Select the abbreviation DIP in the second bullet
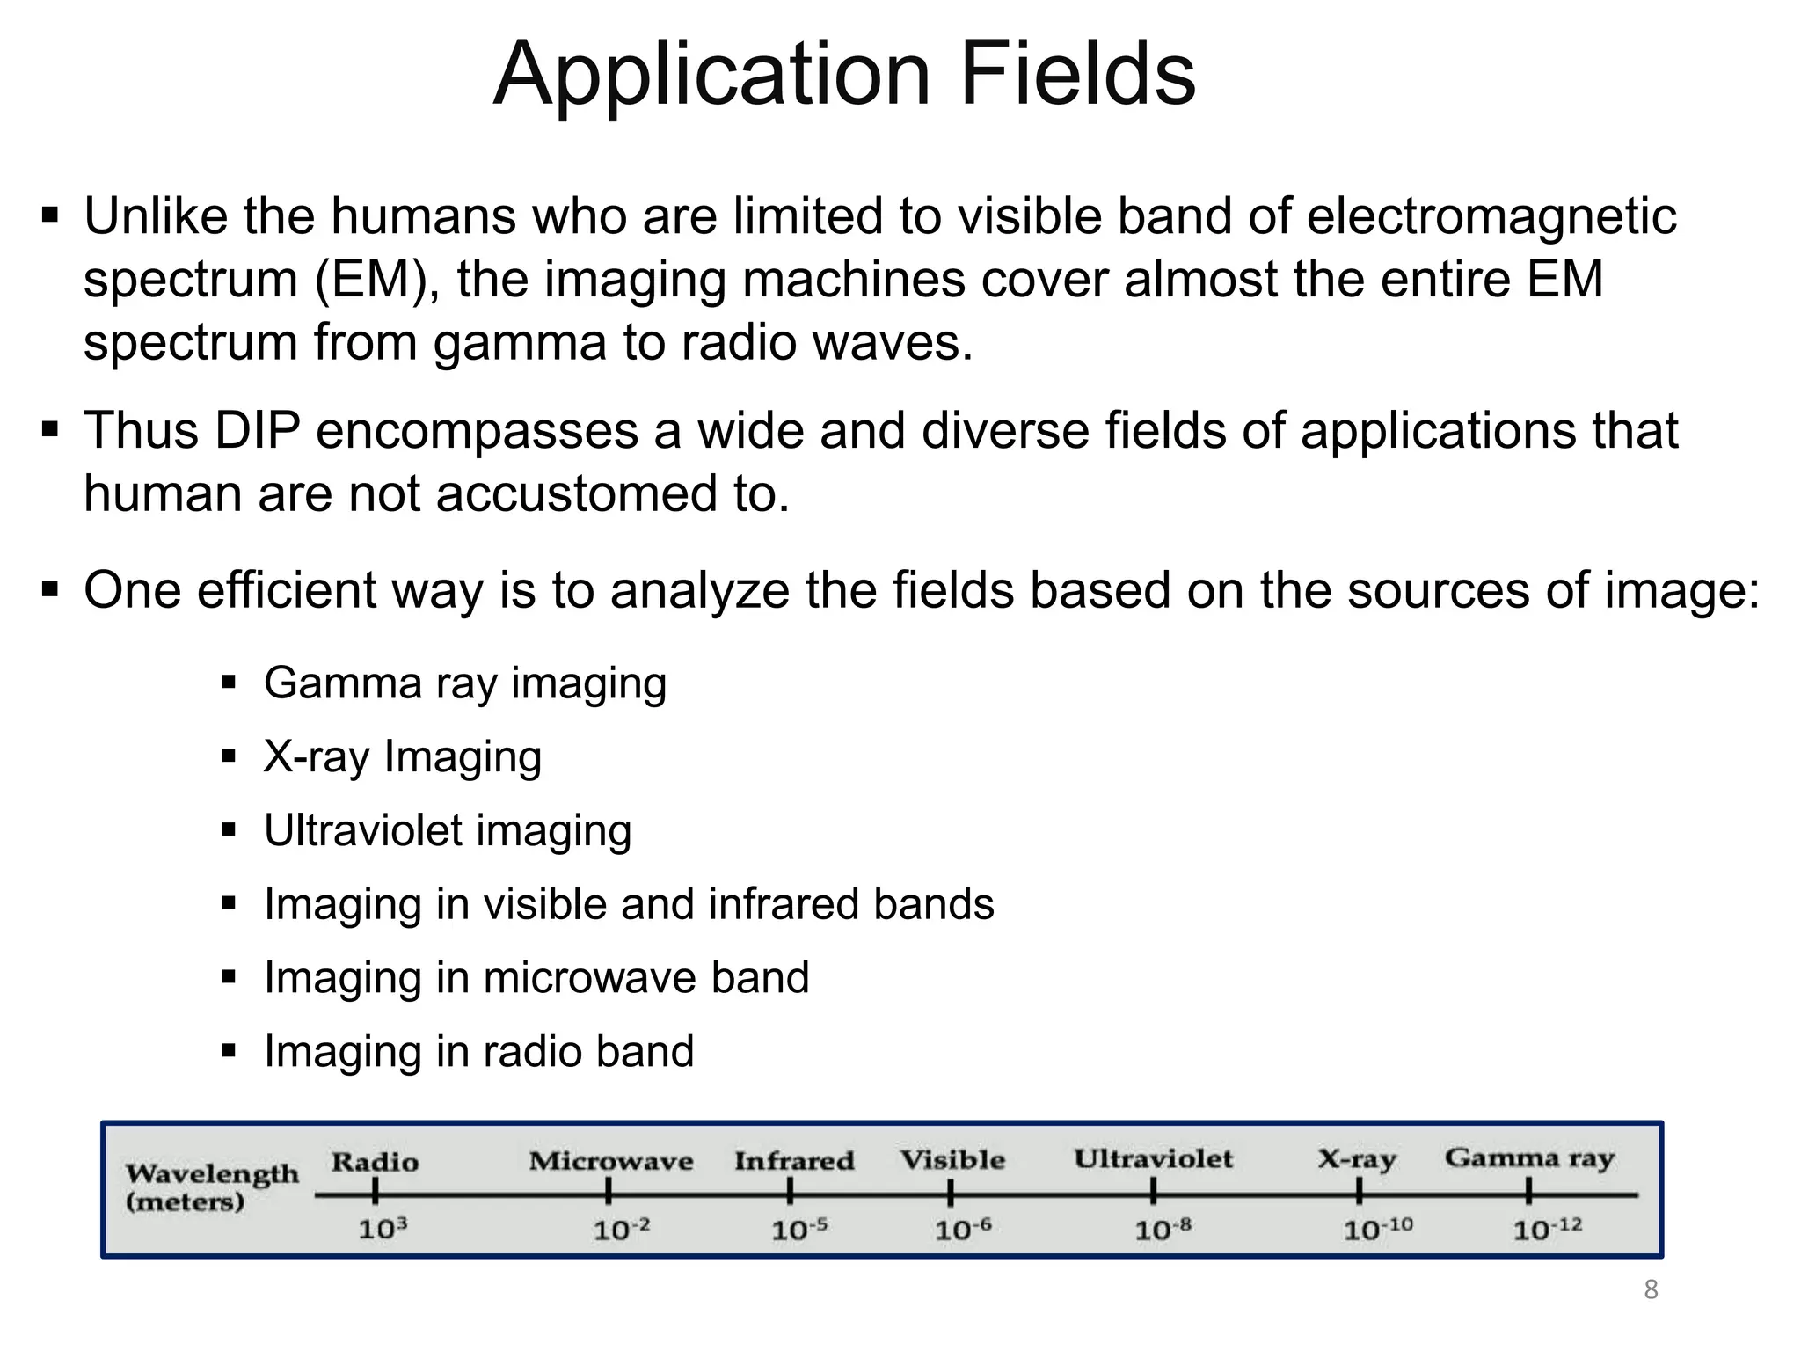[x=258, y=431]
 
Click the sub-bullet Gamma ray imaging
[x=464, y=683]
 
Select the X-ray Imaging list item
[x=402, y=757]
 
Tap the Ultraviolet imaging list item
[x=447, y=831]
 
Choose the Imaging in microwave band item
[x=536, y=978]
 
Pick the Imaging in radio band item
[x=478, y=1052]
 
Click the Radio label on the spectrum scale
[x=375, y=1162]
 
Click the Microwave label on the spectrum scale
[x=610, y=1161]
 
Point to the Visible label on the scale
[x=952, y=1159]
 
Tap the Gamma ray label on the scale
[x=1529, y=1157]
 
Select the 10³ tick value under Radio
[x=382, y=1229]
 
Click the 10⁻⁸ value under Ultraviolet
[x=1162, y=1229]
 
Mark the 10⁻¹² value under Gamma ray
[x=1546, y=1229]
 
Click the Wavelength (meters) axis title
[x=211, y=1187]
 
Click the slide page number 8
[x=1651, y=1290]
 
